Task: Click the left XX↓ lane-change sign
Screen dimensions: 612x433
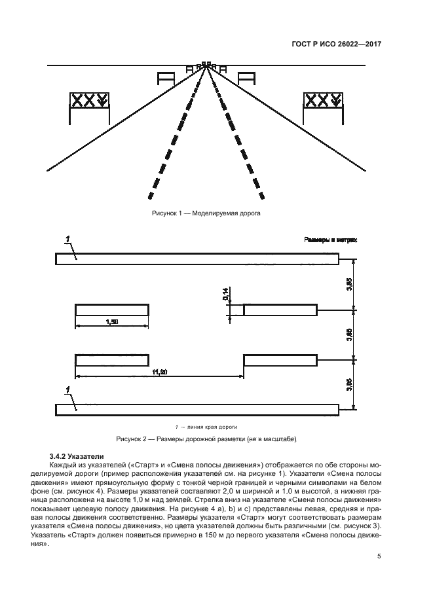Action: click(90, 101)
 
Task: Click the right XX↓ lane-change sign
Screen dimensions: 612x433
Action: click(322, 101)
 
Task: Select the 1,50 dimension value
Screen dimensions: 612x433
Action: click(111, 321)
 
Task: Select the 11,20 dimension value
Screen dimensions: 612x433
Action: click(160, 372)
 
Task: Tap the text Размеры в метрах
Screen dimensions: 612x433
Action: click(331, 240)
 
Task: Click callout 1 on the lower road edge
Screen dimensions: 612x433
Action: click(68, 391)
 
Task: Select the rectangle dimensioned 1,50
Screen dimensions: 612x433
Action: click(111, 310)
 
